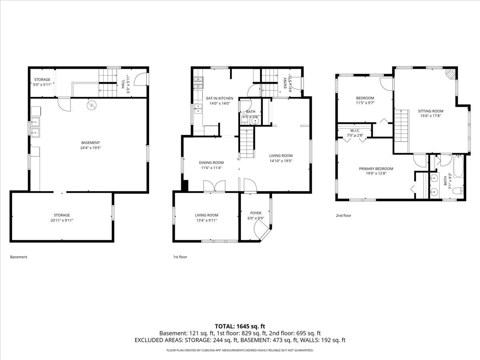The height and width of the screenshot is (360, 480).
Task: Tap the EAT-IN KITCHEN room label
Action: point(220,98)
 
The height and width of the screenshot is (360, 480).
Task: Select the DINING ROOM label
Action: point(211,163)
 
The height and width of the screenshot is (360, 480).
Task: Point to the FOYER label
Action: point(256,213)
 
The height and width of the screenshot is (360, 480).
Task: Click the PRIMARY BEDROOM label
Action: point(376,169)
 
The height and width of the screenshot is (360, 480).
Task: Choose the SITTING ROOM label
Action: point(430,111)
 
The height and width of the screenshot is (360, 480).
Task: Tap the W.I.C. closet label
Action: point(355,131)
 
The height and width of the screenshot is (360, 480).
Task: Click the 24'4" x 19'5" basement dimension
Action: point(90,148)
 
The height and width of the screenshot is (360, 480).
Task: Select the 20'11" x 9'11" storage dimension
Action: point(62,220)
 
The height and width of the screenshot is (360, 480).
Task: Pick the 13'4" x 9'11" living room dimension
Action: point(206,220)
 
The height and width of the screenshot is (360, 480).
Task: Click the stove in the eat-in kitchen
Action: point(198,83)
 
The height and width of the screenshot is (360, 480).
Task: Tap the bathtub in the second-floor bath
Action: point(458,166)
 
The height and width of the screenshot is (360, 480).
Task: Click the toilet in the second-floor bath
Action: point(458,191)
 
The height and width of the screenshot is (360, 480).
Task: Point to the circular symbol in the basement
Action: point(92,105)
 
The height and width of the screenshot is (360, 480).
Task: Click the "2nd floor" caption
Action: point(344,216)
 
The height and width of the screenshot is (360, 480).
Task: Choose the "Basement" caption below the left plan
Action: point(18,257)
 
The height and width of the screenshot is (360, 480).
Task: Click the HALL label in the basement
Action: point(123,84)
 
